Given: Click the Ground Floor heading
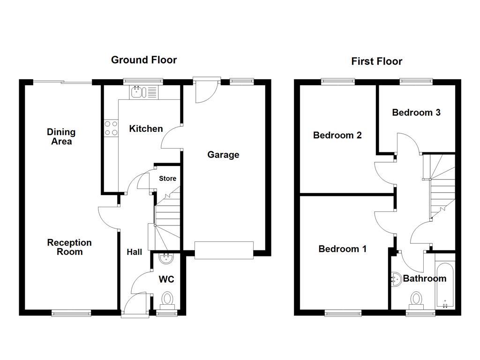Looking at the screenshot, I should click(x=143, y=60).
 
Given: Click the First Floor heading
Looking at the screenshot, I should click(x=376, y=61).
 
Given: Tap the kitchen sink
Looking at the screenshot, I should click(x=139, y=92).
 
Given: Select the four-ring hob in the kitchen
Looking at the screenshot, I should click(x=111, y=128).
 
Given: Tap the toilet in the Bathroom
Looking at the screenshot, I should click(x=416, y=299).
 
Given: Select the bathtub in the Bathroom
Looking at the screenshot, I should click(x=444, y=286).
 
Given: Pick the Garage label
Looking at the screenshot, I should click(x=223, y=155).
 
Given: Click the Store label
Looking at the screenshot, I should click(x=167, y=179).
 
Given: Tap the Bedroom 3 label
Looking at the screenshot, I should click(x=416, y=112).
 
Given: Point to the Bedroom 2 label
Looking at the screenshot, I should click(x=337, y=135).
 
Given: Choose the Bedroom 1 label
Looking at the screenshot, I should click(x=342, y=249).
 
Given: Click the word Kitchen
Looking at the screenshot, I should click(x=146, y=128).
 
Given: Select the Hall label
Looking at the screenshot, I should click(x=135, y=252).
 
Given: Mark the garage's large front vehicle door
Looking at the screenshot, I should click(x=224, y=250).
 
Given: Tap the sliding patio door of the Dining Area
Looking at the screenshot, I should click(x=62, y=82).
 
